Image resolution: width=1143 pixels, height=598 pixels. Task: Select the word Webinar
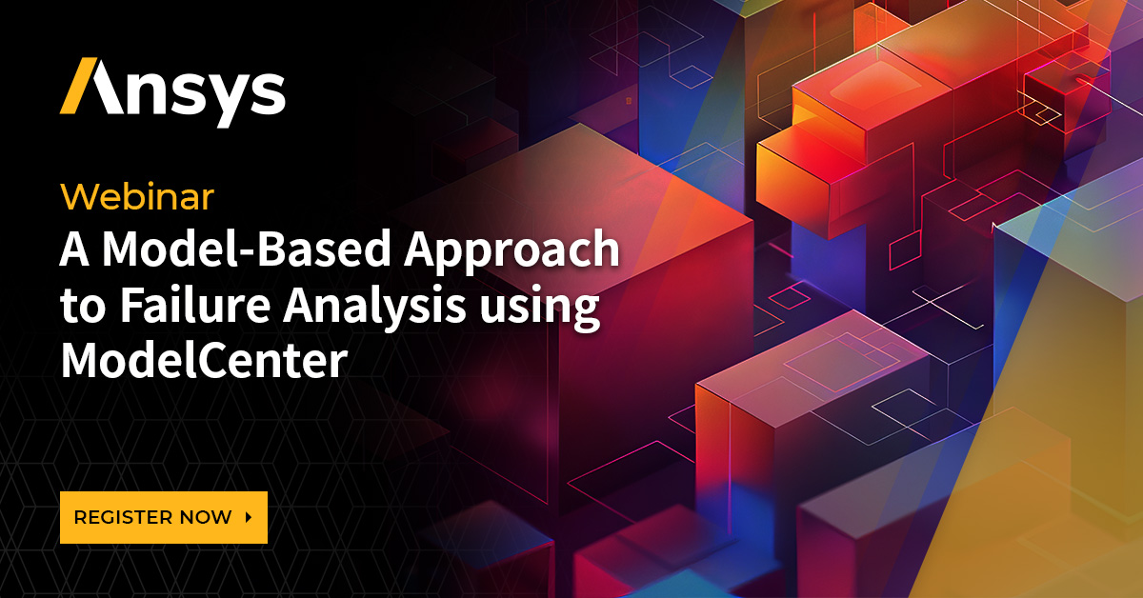coord(137,197)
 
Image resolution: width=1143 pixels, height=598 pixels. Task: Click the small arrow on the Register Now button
coord(249,518)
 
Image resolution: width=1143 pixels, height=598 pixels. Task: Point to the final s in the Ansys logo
coord(265,92)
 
